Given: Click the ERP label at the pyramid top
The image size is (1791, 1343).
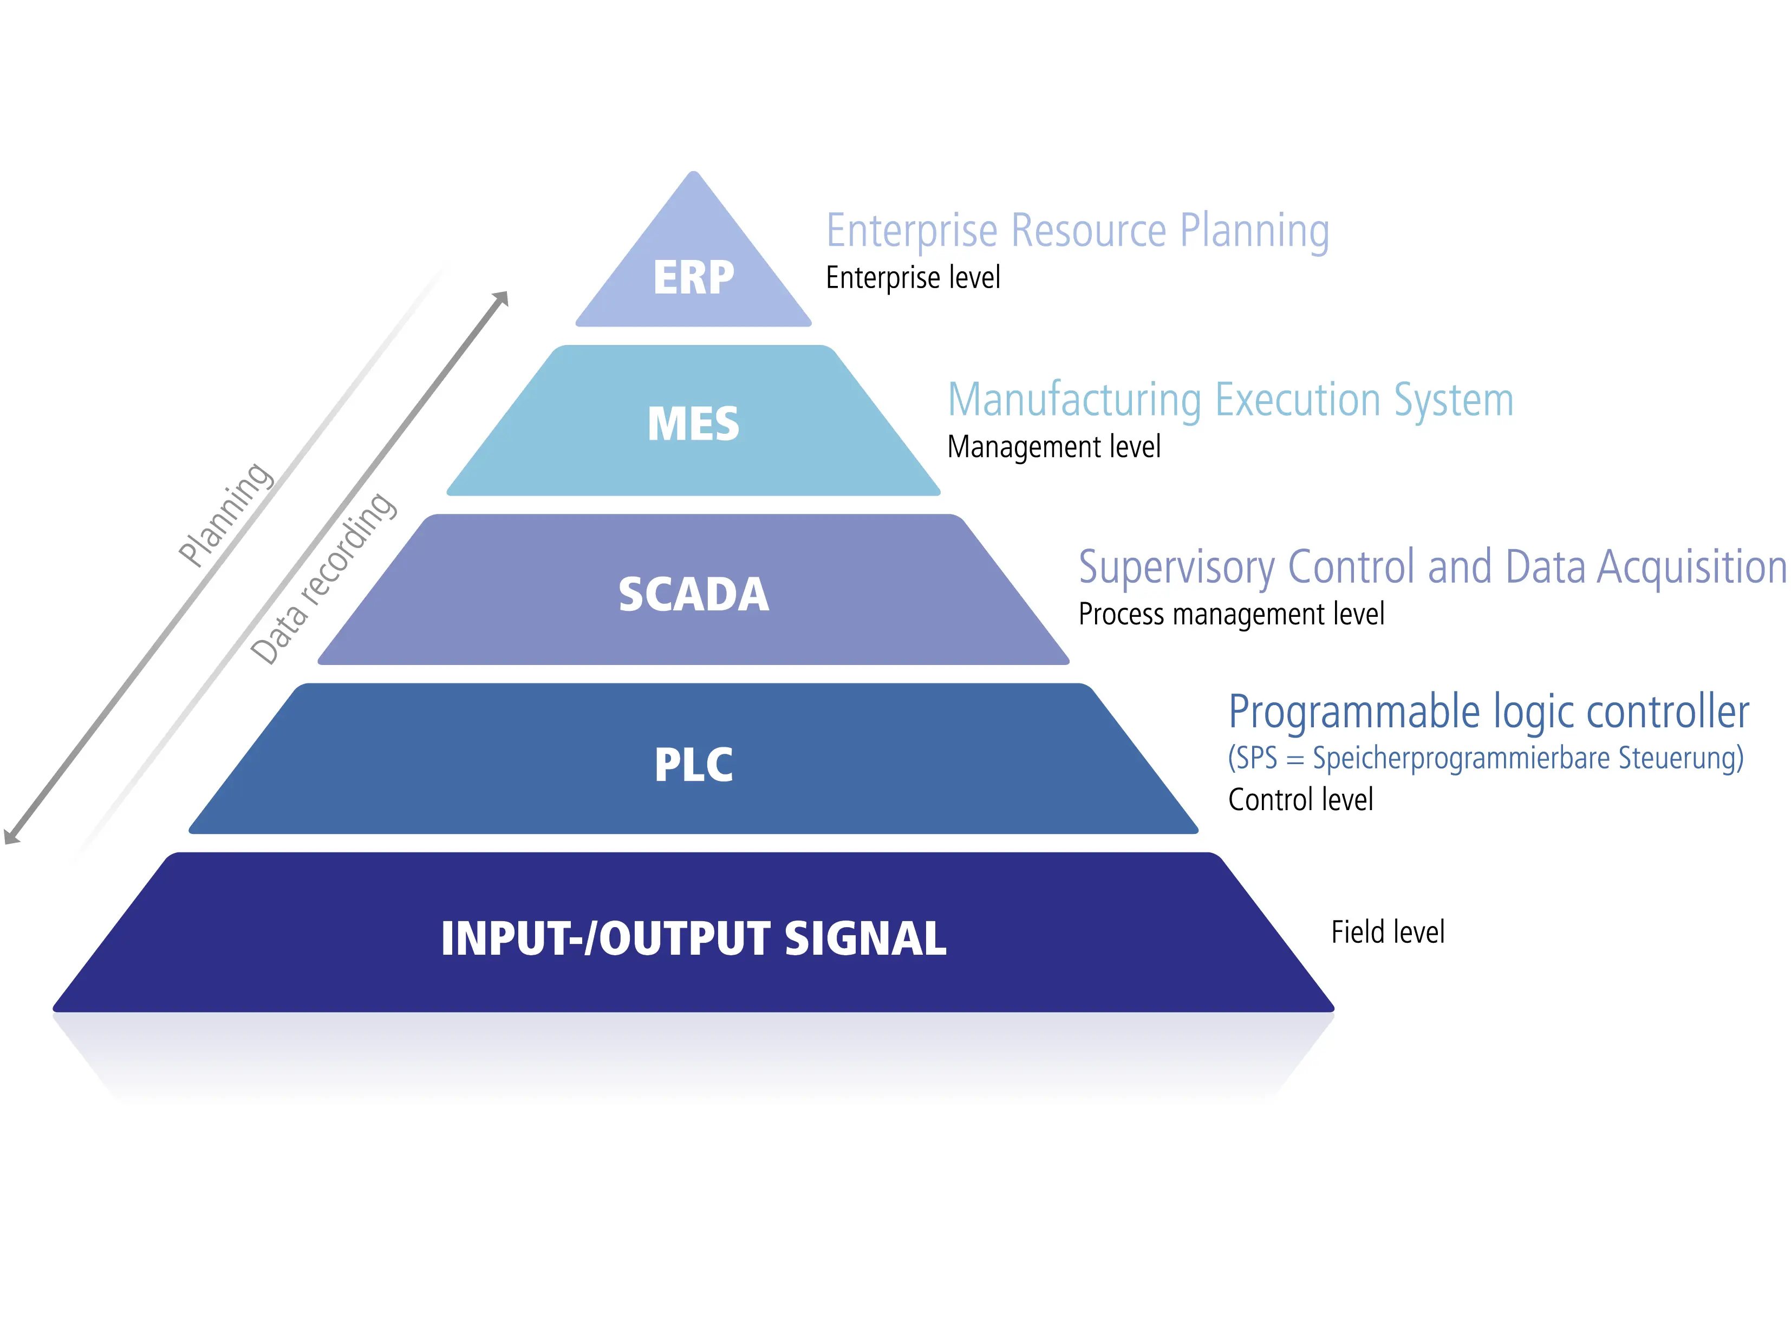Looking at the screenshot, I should (x=693, y=278).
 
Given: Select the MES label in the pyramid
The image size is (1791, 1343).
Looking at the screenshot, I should (x=693, y=423).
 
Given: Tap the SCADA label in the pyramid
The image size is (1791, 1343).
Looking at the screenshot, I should (x=693, y=594).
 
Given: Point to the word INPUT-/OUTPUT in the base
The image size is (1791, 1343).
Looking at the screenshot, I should (x=605, y=939).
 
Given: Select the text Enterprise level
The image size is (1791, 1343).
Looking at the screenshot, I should (x=913, y=278).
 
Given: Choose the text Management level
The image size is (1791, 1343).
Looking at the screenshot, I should (x=1053, y=447).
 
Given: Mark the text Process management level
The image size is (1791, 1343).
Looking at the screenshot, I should (x=1230, y=615).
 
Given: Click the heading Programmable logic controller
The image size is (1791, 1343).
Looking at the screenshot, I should (x=1488, y=712).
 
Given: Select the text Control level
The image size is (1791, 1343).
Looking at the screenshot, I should (x=1300, y=800).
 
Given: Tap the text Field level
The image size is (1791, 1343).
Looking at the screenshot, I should (x=1388, y=932).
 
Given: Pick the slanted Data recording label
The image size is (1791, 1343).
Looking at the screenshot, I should (x=323, y=579).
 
